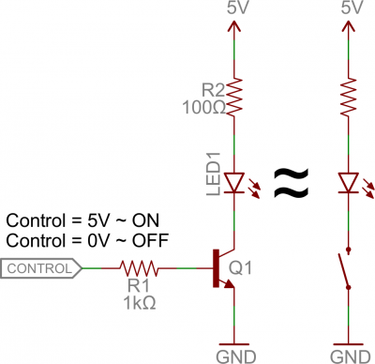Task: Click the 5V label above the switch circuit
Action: (349, 8)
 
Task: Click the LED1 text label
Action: (212, 180)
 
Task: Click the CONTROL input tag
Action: (41, 269)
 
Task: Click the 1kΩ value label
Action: (140, 303)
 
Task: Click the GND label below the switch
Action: (349, 356)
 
